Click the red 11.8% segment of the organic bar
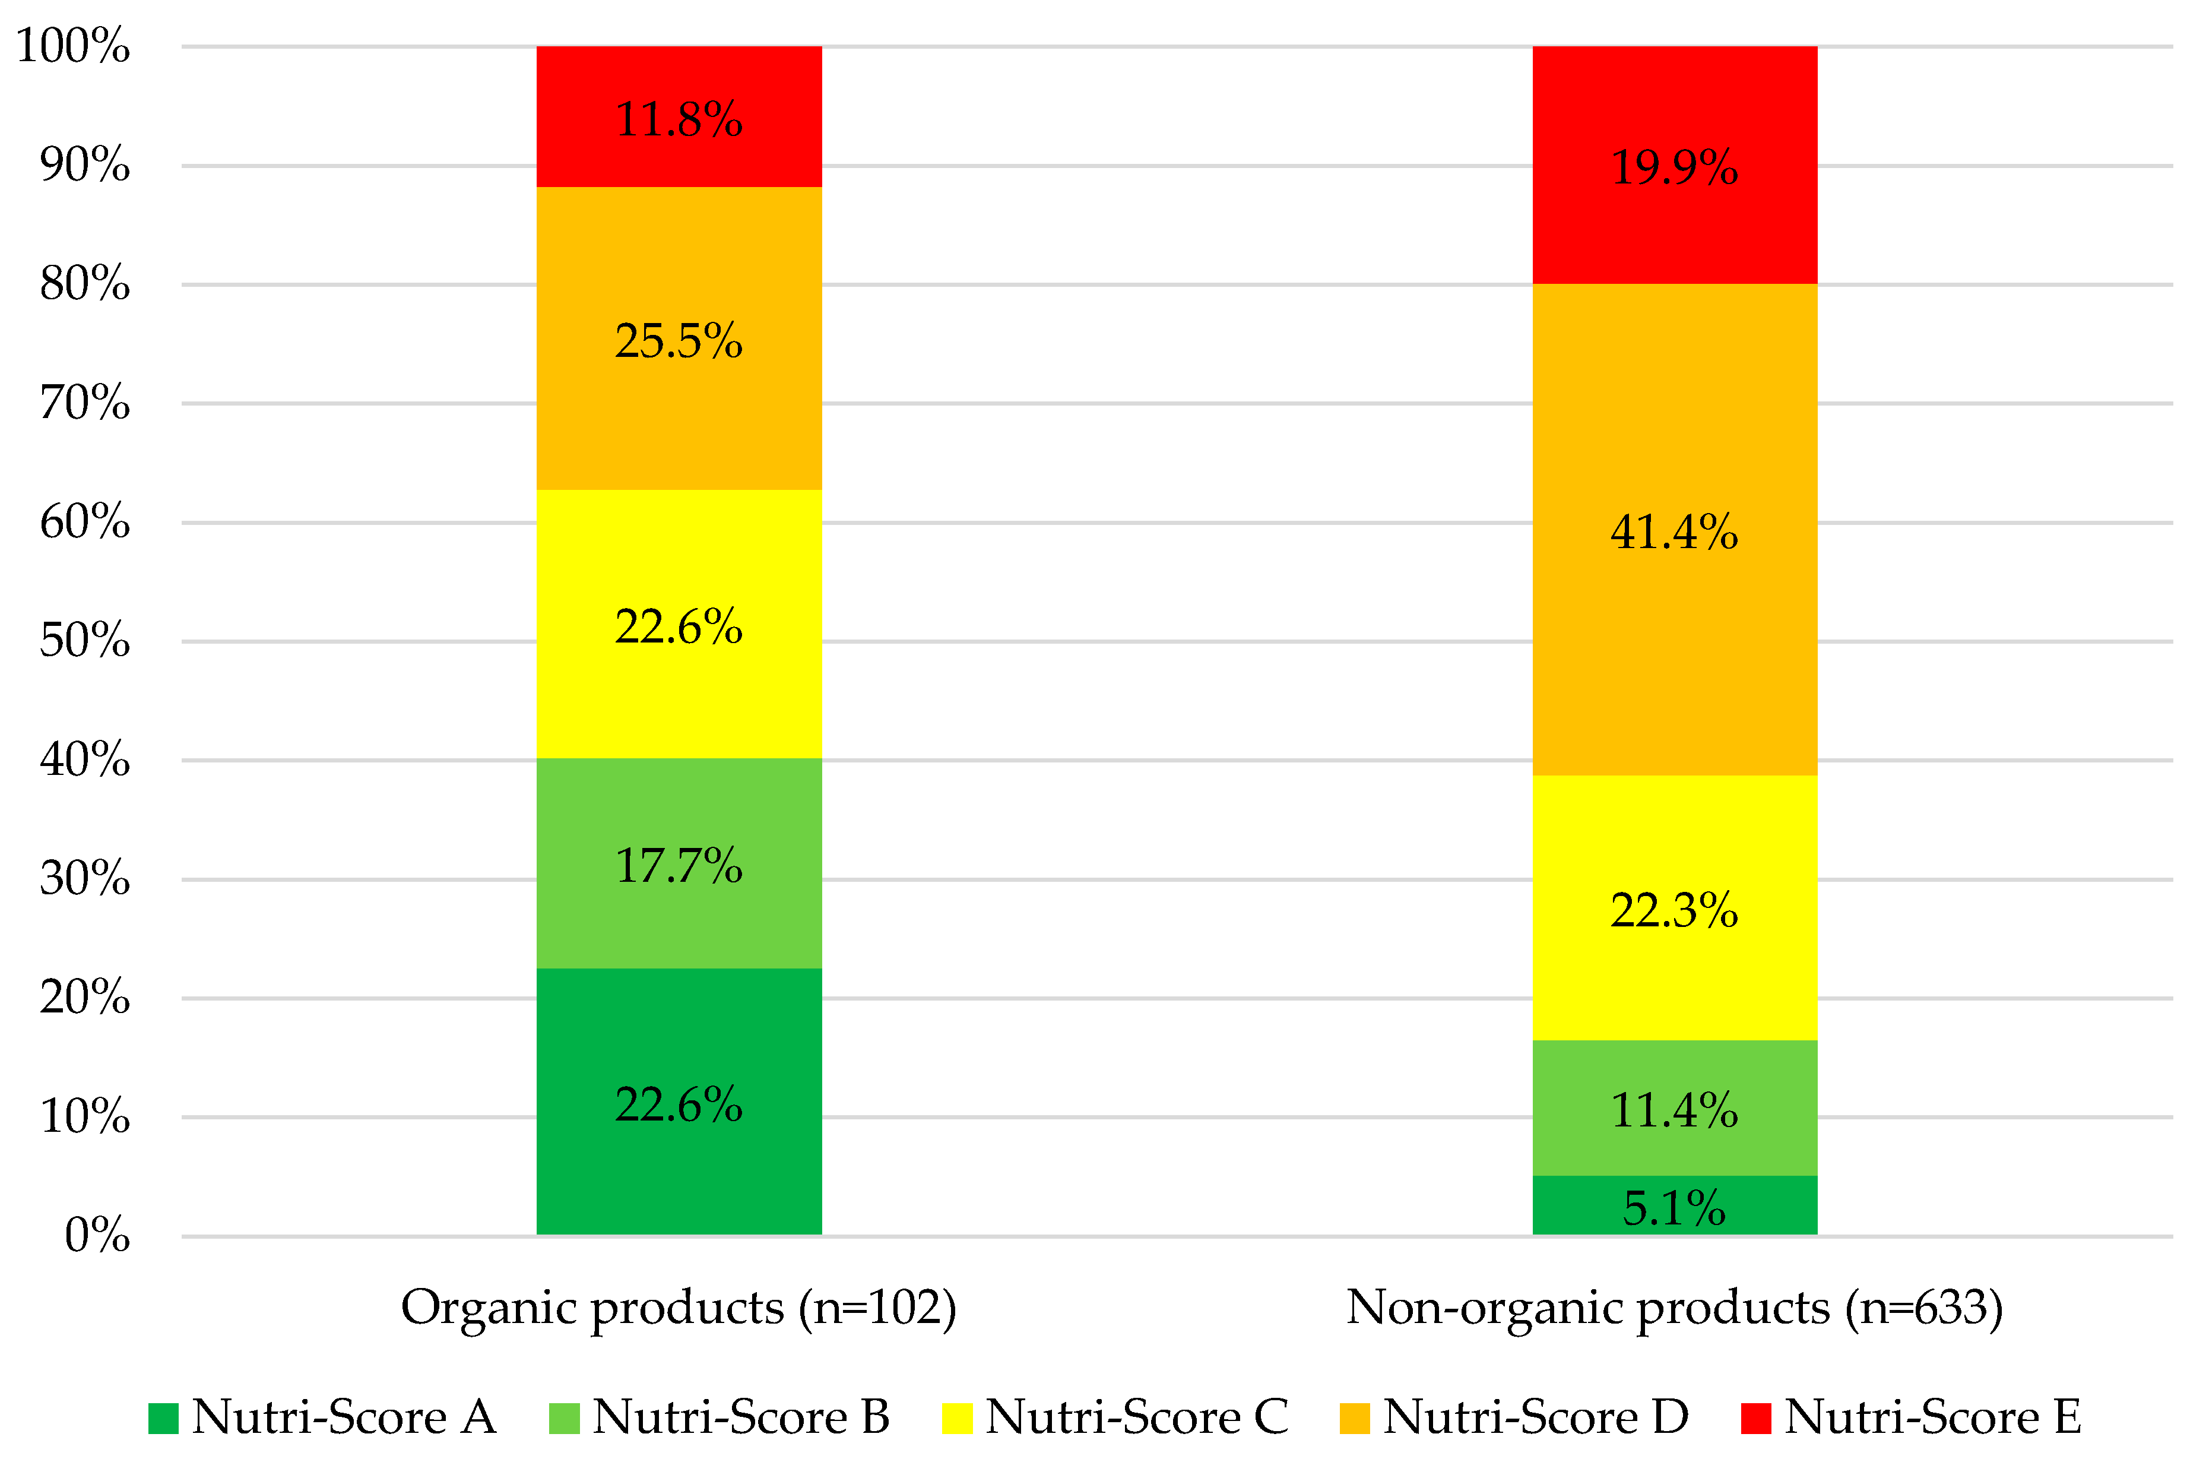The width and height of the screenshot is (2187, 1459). pos(679,116)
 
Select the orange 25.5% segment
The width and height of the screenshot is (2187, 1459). pos(679,338)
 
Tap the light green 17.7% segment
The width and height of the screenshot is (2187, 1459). pos(679,863)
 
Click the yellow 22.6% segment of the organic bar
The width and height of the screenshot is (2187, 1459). pos(679,624)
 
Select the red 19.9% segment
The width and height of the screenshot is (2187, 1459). pos(1675,166)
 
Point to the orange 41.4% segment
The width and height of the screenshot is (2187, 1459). pos(1675,530)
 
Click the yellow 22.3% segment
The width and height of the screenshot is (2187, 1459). pos(1675,908)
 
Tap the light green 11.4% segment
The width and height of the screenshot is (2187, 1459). pos(1675,1108)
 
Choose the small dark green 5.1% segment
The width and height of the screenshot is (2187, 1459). pos(1675,1206)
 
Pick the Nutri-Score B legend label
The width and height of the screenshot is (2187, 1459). pos(740,1417)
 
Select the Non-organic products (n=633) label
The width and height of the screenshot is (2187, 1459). pos(1675,1308)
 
